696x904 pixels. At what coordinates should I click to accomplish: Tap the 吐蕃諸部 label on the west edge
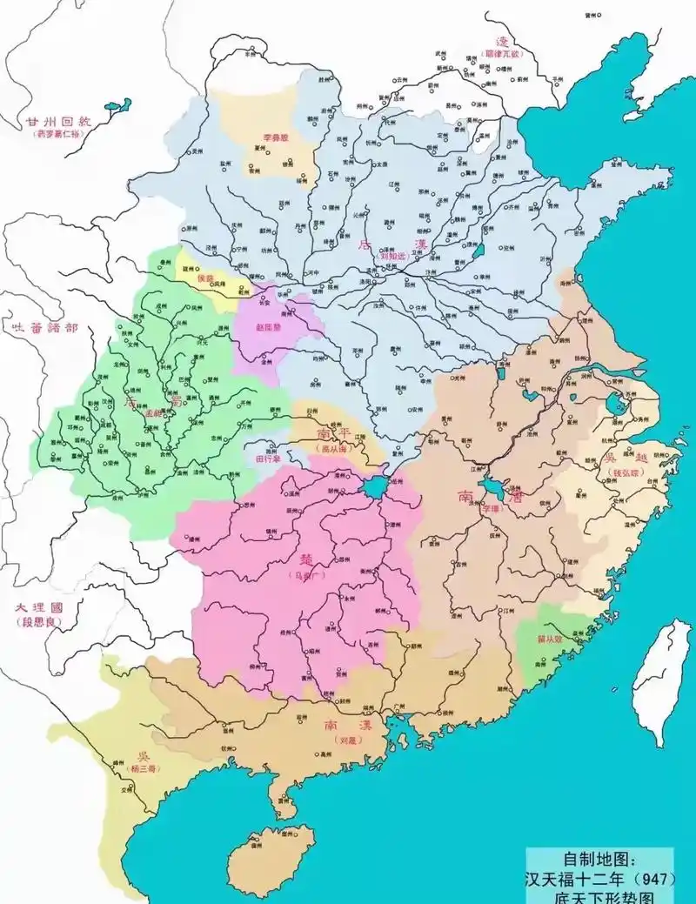click(x=40, y=328)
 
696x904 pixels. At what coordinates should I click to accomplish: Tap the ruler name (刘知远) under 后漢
click(x=395, y=257)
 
